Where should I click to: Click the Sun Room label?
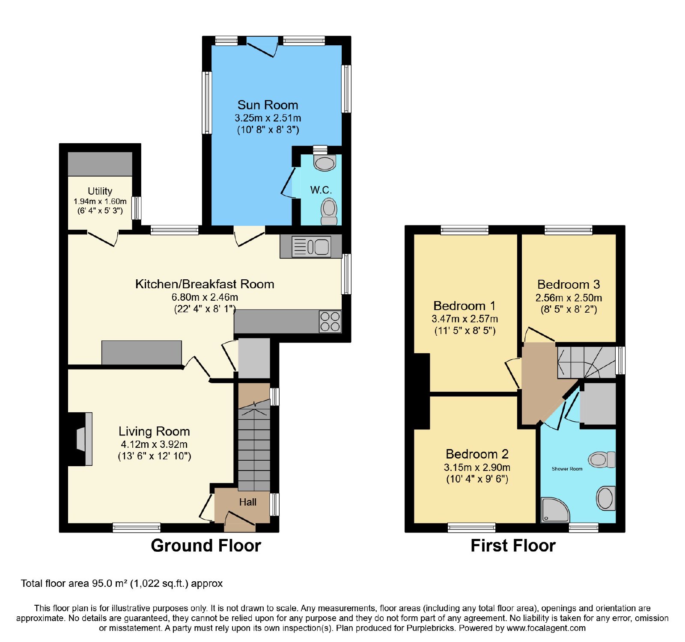tap(268, 105)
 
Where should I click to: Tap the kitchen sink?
tap(311, 247)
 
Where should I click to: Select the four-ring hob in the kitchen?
tap(330, 322)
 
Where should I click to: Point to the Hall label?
tap(248, 502)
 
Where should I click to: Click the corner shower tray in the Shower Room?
tap(555, 510)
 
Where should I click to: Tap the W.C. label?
tap(321, 190)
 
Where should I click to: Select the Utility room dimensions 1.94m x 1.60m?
tap(100, 201)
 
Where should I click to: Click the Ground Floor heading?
tap(206, 546)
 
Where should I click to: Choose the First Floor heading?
tap(513, 546)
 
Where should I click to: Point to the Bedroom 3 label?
tap(569, 284)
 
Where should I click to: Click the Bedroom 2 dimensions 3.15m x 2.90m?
tap(477, 467)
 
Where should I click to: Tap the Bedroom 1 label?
tap(465, 306)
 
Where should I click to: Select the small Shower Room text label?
tap(567, 469)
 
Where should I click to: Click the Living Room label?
tap(154, 431)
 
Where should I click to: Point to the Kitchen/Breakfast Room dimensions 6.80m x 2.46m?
tap(205, 297)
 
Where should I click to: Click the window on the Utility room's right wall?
tap(137, 208)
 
